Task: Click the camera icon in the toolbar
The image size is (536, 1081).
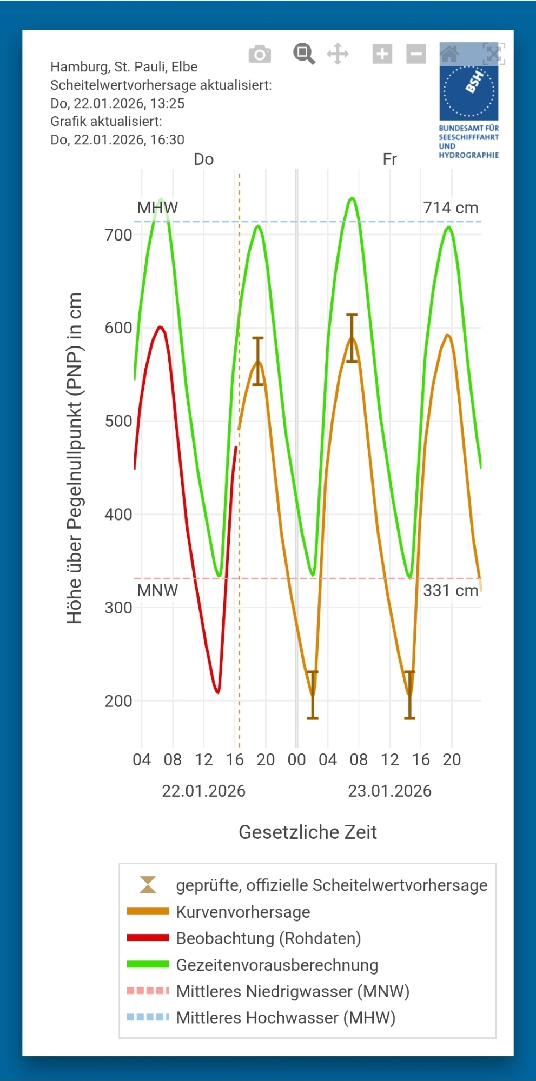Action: click(x=260, y=54)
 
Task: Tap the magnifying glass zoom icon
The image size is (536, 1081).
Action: click(x=304, y=54)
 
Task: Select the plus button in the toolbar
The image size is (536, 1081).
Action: click(x=382, y=54)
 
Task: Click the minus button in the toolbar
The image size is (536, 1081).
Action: click(x=416, y=54)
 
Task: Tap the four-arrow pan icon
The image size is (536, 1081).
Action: click(x=338, y=54)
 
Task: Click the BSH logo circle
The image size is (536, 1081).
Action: click(x=469, y=91)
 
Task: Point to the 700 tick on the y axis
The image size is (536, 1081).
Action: click(x=118, y=235)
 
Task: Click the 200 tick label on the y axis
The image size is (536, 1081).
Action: click(x=118, y=701)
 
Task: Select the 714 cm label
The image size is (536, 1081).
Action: click(x=451, y=208)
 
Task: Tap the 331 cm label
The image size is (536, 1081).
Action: click(x=451, y=590)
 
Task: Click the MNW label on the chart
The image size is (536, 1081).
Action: click(x=157, y=590)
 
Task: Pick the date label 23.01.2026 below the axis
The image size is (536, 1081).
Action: click(x=389, y=791)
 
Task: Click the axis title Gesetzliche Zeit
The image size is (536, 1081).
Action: click(x=308, y=832)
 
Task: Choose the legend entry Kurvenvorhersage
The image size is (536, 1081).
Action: click(x=243, y=912)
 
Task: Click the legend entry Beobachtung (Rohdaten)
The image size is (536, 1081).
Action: click(x=268, y=938)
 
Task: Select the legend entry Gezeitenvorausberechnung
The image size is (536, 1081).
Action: click(x=277, y=965)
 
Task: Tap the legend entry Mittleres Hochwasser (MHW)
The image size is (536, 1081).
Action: click(x=286, y=1018)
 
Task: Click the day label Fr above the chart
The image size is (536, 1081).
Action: click(x=389, y=159)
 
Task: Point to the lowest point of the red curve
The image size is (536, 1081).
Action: click(x=218, y=692)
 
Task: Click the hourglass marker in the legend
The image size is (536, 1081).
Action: click(x=148, y=885)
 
